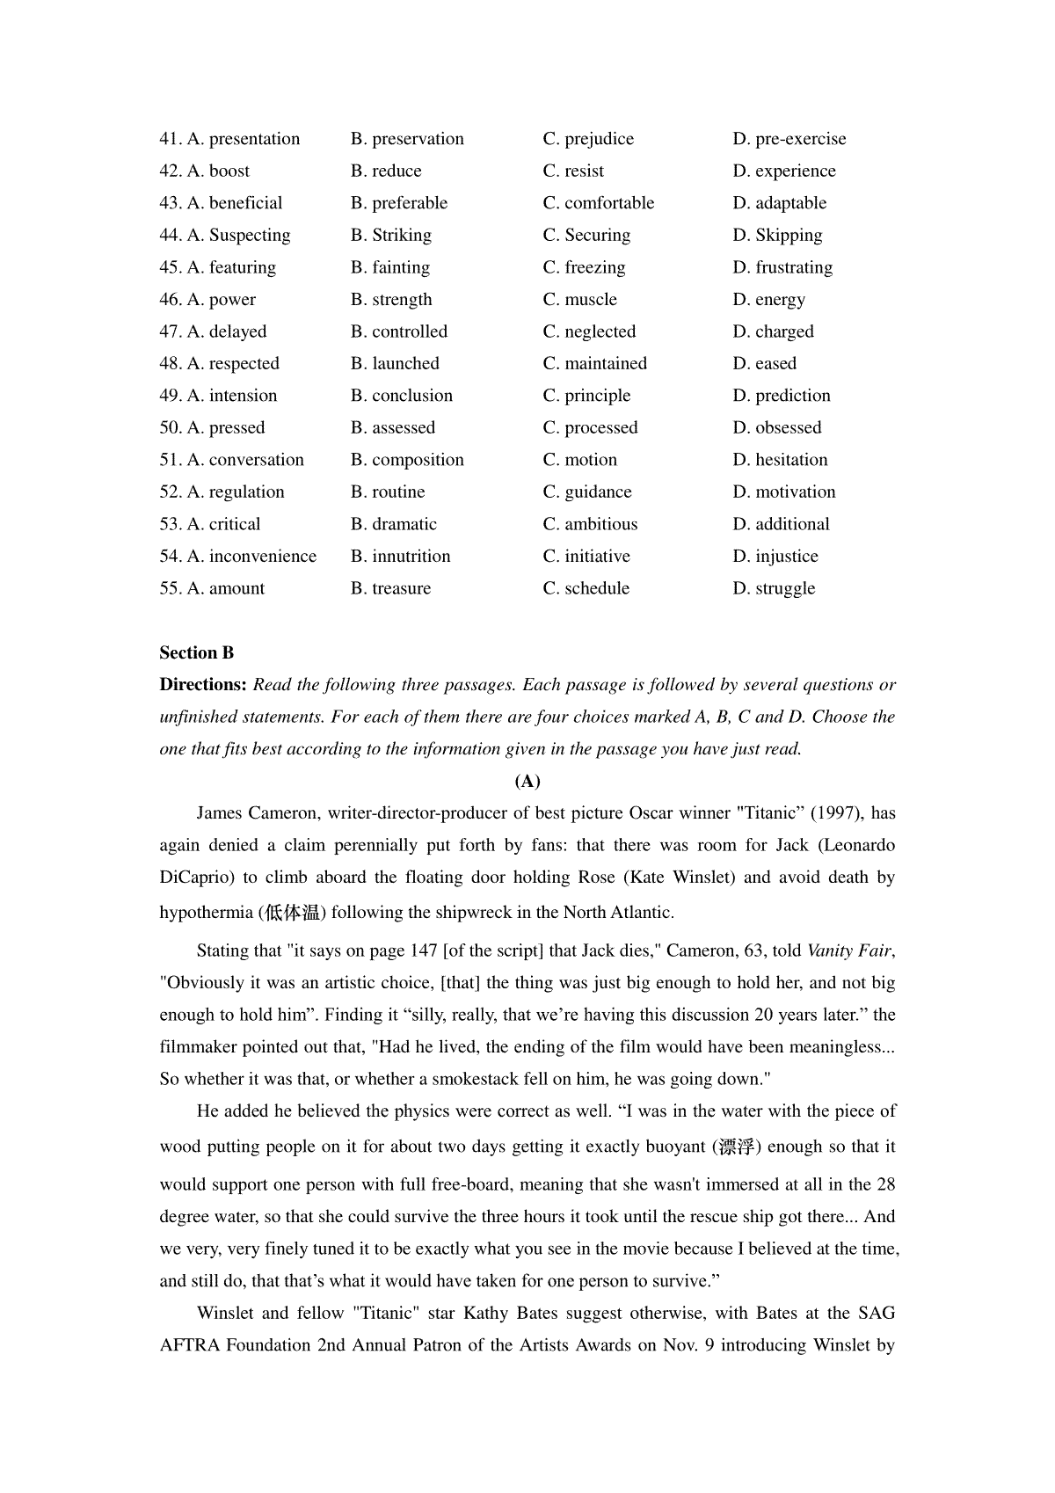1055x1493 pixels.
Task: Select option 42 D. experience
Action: tap(784, 171)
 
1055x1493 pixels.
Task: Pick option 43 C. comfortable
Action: tap(598, 203)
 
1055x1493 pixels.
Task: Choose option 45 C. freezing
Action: tap(584, 267)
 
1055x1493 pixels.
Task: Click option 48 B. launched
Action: tap(395, 364)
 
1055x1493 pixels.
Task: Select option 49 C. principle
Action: tap(586, 396)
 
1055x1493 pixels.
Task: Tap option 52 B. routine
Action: tap(388, 492)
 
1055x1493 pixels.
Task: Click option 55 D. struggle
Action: tap(774, 589)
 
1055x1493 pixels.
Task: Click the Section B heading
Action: tap(197, 653)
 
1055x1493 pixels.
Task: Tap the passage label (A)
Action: tap(527, 782)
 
